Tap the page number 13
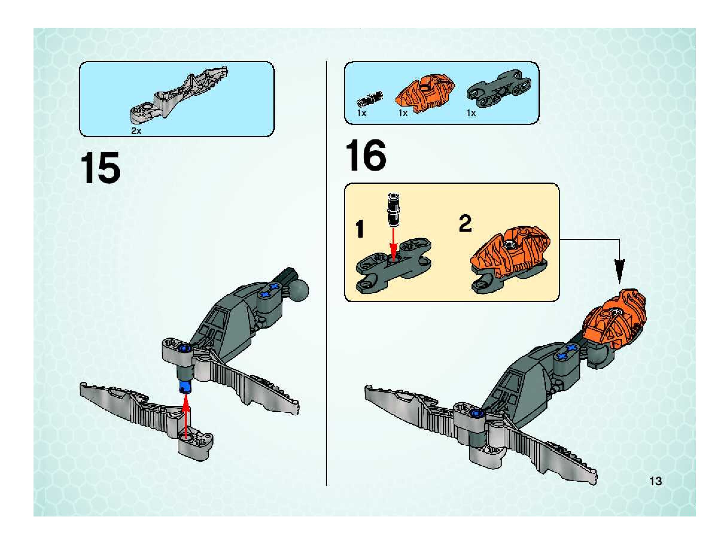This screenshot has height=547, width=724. click(656, 481)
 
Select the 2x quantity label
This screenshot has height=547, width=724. click(136, 131)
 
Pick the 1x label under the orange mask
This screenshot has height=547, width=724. click(403, 113)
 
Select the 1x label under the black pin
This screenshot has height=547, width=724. click(362, 113)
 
